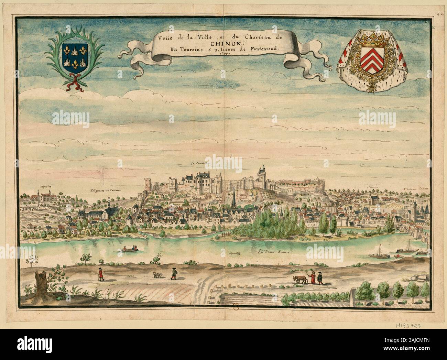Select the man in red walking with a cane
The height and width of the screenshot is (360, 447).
(x=100, y=274)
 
